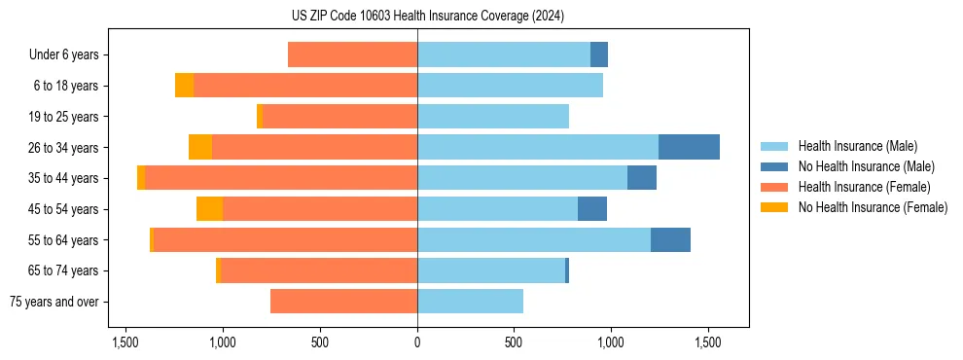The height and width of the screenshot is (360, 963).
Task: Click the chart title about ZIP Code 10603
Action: (x=427, y=16)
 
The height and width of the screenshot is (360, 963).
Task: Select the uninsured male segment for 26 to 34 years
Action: (x=689, y=147)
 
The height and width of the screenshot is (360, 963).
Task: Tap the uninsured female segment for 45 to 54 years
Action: (x=209, y=209)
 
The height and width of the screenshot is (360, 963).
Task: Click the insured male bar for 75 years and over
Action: (x=470, y=302)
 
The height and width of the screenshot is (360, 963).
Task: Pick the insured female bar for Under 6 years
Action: (x=352, y=55)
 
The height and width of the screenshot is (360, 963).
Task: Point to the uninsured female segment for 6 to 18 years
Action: (x=184, y=86)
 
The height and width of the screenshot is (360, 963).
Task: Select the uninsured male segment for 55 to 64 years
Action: (x=670, y=239)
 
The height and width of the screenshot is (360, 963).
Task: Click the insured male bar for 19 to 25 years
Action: (x=493, y=117)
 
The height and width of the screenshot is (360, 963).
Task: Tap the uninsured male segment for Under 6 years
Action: (x=599, y=55)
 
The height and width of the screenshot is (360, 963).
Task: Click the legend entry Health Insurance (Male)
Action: (x=857, y=146)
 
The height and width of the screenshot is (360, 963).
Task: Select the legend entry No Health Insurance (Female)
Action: (x=873, y=207)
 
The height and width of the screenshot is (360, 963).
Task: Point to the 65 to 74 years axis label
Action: (x=63, y=270)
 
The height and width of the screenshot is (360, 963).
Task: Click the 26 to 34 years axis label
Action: (x=63, y=147)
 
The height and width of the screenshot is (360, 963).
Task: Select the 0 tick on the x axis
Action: (x=417, y=342)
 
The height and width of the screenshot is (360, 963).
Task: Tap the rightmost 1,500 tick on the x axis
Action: (x=708, y=342)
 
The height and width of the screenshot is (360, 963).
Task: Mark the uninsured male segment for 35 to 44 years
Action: (x=642, y=178)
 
